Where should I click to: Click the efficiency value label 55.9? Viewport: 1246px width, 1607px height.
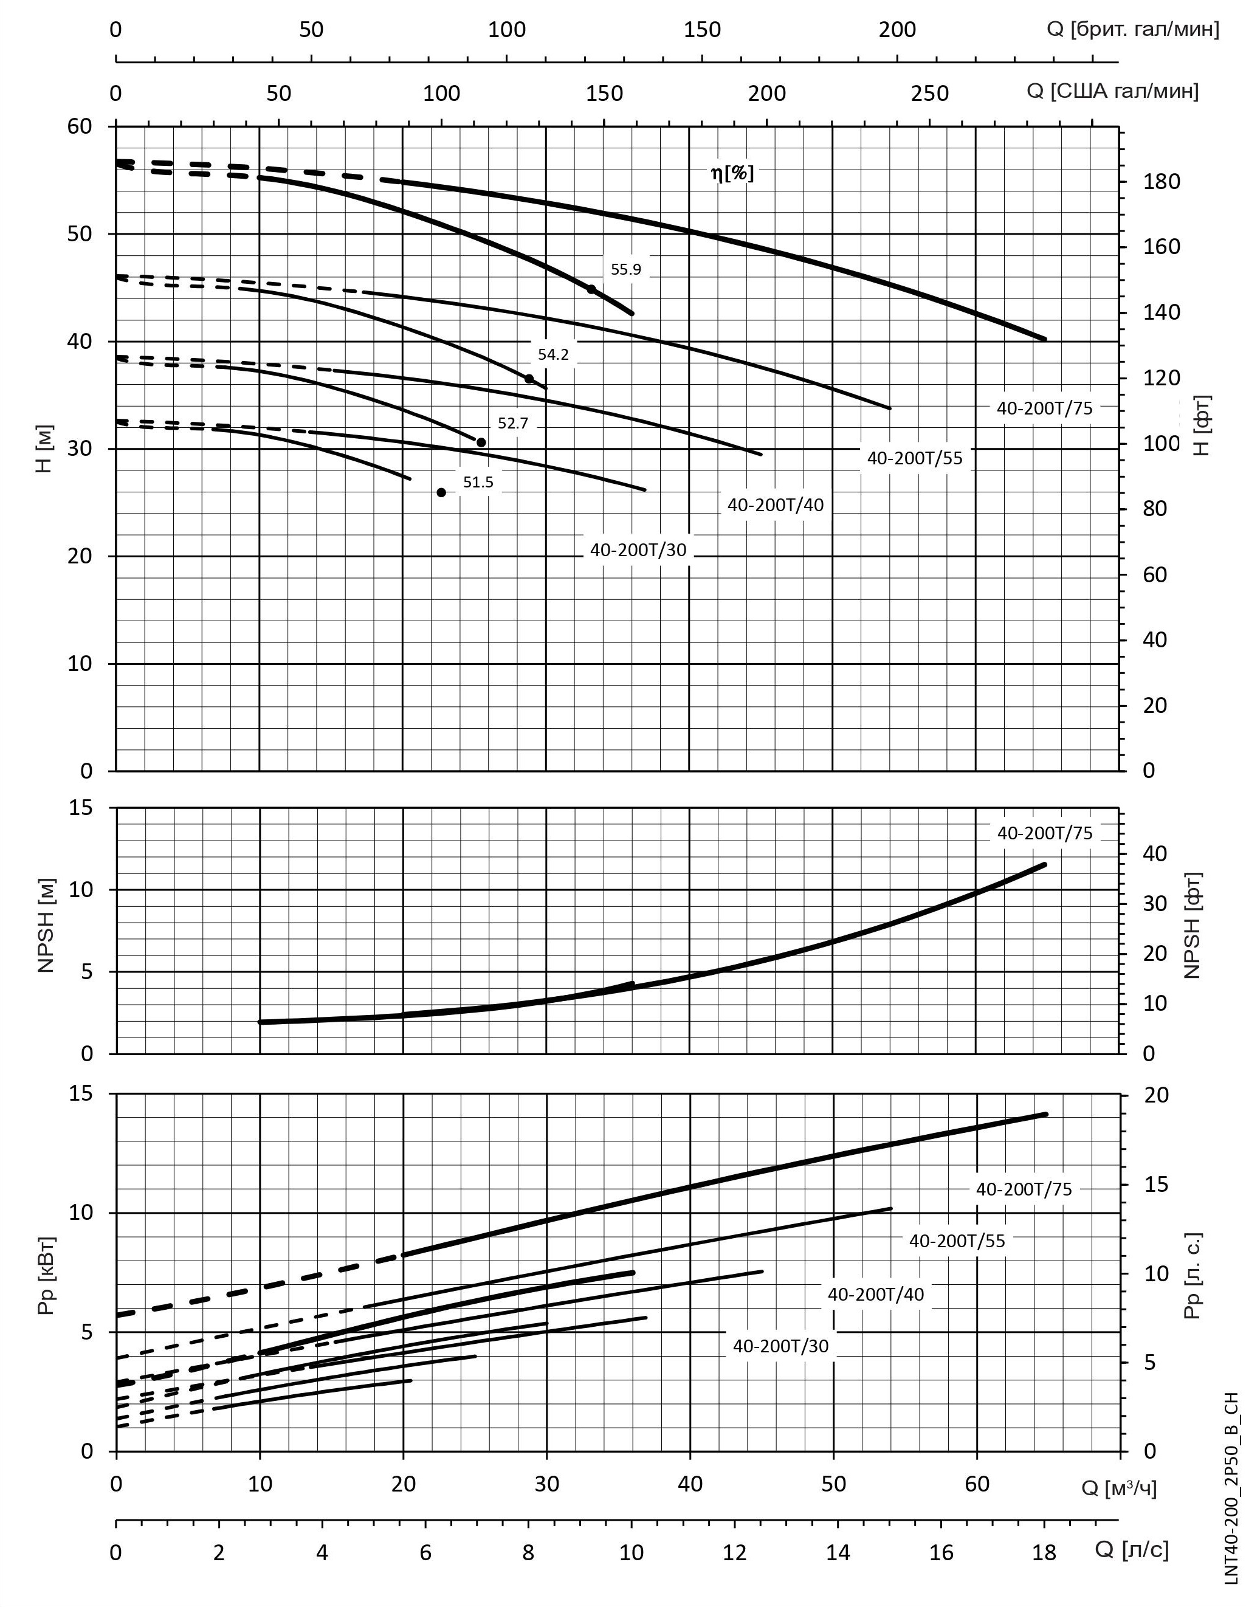click(x=625, y=269)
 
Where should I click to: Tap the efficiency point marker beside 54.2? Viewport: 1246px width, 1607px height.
click(x=528, y=379)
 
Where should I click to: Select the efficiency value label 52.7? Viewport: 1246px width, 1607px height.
click(x=512, y=423)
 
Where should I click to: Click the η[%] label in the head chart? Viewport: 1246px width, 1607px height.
click(x=732, y=174)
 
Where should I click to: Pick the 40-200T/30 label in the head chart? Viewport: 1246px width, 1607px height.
click(x=638, y=551)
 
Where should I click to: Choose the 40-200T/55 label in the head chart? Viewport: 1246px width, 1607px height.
click(x=914, y=458)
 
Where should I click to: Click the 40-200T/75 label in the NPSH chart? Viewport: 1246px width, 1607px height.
click(x=1044, y=833)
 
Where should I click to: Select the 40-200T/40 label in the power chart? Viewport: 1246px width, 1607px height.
click(x=875, y=1294)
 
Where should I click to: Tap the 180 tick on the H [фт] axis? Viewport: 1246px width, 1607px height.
click(x=1162, y=182)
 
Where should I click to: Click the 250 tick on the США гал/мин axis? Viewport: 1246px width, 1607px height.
click(x=929, y=94)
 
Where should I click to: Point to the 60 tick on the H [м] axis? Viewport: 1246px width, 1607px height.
click(x=80, y=126)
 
